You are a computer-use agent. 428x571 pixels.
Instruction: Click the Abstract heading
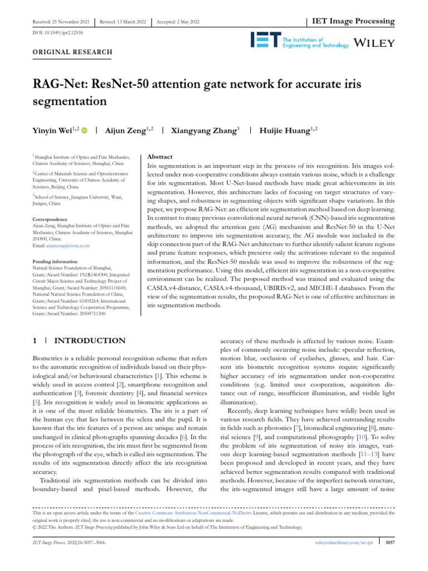click(159, 157)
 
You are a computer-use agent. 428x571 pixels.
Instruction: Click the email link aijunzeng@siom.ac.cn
click(67, 245)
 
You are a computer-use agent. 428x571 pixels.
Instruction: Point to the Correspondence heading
click(50, 220)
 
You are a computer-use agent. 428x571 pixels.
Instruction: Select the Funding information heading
click(55, 261)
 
